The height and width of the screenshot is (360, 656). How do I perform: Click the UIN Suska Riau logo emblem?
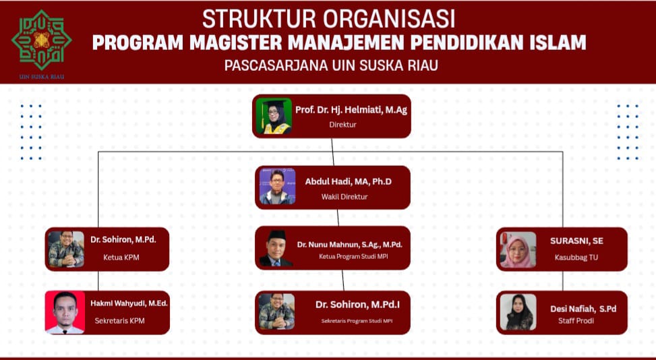pyautogui.click(x=41, y=40)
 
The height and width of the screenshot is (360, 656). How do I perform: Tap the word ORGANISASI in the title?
pyautogui.click(x=389, y=18)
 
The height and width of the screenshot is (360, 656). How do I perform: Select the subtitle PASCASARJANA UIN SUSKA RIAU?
pyautogui.click(x=331, y=65)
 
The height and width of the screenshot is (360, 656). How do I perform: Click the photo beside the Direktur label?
pyautogui.click(x=274, y=116)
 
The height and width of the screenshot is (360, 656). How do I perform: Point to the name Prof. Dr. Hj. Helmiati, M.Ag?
pyautogui.click(x=351, y=110)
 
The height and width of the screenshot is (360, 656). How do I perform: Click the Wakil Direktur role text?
pyautogui.click(x=345, y=196)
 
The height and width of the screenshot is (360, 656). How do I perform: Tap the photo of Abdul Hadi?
pyautogui.click(x=277, y=187)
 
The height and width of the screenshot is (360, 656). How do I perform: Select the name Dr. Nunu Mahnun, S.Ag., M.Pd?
pyautogui.click(x=350, y=245)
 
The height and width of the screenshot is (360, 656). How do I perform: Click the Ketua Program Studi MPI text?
pyautogui.click(x=353, y=256)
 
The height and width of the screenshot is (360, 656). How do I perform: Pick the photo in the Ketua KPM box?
pyautogui.click(x=66, y=249)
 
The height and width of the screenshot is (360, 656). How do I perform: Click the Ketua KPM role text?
pyautogui.click(x=121, y=257)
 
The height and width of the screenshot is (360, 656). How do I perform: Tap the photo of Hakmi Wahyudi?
pyautogui.click(x=65, y=312)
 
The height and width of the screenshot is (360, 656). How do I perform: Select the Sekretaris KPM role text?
pyautogui.click(x=119, y=321)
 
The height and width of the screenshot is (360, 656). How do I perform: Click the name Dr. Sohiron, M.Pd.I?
pyautogui.click(x=358, y=305)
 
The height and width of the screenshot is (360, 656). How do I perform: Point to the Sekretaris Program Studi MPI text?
pyautogui.click(x=357, y=321)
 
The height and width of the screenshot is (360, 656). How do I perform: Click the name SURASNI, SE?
pyautogui.click(x=576, y=241)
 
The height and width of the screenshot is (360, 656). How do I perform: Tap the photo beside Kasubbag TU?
pyautogui.click(x=518, y=249)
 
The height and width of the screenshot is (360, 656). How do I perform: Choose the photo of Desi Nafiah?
pyautogui.click(x=518, y=312)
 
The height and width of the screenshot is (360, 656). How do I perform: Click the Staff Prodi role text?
pyautogui.click(x=576, y=321)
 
